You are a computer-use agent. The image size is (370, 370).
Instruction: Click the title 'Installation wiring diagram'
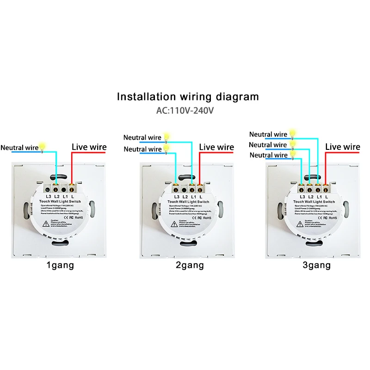(x=187, y=97)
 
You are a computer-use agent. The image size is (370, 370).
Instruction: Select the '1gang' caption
(x=60, y=265)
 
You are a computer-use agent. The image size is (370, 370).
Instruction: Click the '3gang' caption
(x=316, y=265)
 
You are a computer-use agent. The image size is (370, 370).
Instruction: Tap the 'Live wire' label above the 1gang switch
(x=89, y=147)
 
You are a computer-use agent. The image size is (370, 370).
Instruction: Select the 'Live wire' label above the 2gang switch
(x=216, y=147)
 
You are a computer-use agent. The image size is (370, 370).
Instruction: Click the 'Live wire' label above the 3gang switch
(x=342, y=147)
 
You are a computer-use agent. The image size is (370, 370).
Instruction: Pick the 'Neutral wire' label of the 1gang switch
(x=19, y=148)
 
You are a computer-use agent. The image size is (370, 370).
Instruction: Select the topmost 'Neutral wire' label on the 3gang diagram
(x=268, y=135)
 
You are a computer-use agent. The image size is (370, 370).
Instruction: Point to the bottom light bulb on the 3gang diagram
(x=293, y=154)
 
